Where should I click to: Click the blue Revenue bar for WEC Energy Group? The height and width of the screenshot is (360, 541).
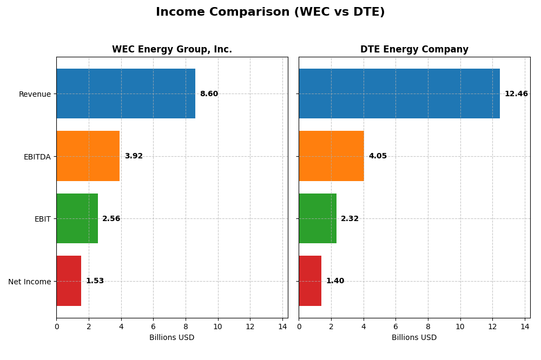(x=126, y=94)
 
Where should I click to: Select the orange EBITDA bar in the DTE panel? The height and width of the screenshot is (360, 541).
(x=331, y=156)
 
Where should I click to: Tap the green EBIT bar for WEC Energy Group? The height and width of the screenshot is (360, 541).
(x=77, y=218)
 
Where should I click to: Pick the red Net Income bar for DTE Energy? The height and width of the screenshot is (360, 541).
(x=310, y=281)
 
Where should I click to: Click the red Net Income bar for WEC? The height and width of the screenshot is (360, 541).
(x=69, y=281)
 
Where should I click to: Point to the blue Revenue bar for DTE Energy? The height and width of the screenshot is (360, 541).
(x=399, y=94)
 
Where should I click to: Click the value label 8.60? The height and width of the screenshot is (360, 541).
(x=209, y=94)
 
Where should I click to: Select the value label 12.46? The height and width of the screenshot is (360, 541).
(x=516, y=94)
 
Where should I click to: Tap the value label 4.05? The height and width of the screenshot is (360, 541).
(x=378, y=156)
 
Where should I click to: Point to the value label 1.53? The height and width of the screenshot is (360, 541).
(x=95, y=281)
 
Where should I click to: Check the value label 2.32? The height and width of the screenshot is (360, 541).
(x=349, y=219)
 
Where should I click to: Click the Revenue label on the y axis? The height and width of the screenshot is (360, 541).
(x=35, y=94)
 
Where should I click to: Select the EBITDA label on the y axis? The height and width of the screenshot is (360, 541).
(x=37, y=157)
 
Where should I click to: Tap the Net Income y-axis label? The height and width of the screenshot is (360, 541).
(x=29, y=282)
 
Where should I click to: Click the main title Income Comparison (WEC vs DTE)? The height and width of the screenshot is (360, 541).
(x=270, y=12)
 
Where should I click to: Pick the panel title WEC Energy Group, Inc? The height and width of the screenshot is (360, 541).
(x=172, y=50)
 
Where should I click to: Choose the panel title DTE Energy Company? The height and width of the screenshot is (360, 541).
(x=414, y=50)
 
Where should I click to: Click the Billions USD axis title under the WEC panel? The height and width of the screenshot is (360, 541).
(x=172, y=338)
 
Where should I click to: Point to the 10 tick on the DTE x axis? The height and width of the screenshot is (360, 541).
(x=460, y=327)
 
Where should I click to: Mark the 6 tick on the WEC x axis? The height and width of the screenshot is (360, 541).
(x=153, y=327)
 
